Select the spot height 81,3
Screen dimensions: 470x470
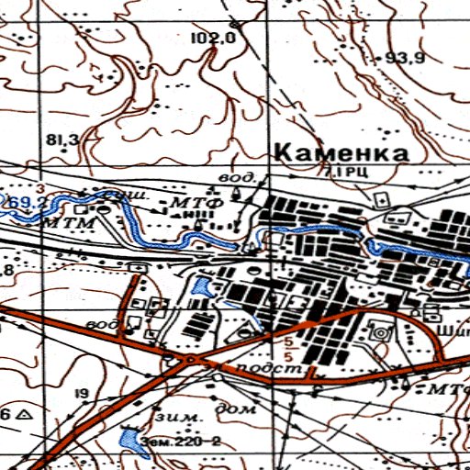(61, 140)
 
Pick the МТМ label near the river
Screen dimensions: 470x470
(60, 221)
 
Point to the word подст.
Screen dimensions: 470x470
(269, 368)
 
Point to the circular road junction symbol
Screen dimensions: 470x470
(189, 360)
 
